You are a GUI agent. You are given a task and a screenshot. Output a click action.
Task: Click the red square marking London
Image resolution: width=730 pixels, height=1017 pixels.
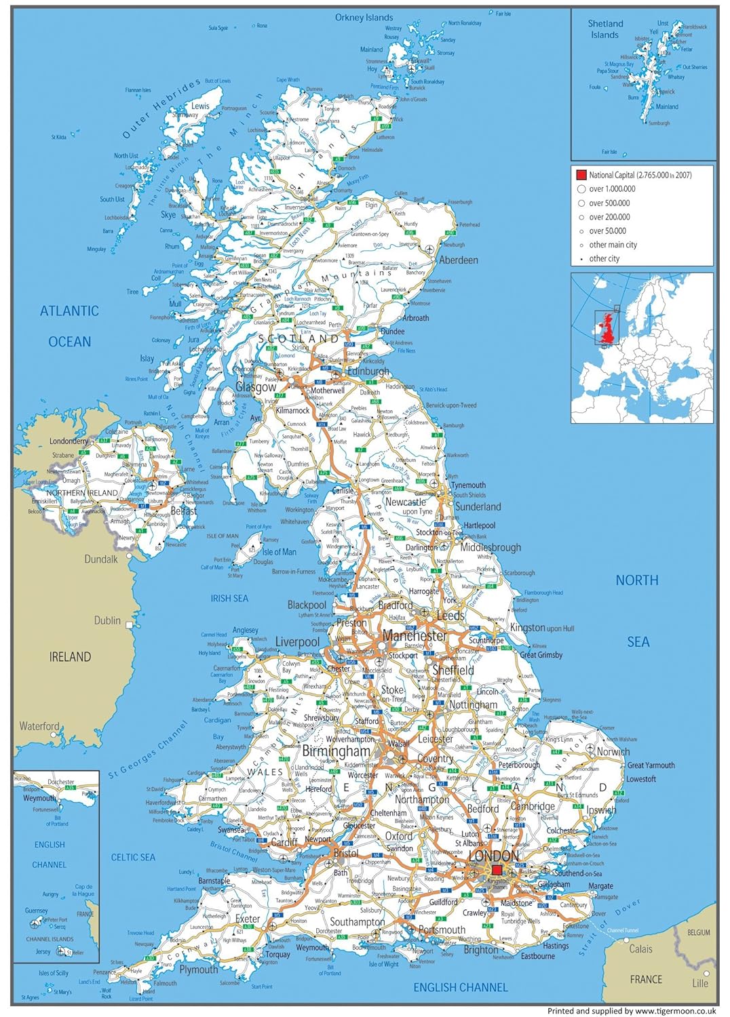click(x=497, y=870)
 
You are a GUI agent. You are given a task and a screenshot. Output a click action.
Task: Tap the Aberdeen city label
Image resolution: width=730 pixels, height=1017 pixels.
click(x=459, y=260)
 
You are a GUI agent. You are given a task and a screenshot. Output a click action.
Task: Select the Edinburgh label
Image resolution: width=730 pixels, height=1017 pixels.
click(x=368, y=371)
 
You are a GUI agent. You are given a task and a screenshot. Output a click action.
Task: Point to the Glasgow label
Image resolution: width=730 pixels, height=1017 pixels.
click(x=256, y=387)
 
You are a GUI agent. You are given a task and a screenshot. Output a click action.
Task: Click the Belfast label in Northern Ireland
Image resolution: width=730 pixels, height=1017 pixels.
click(x=183, y=511)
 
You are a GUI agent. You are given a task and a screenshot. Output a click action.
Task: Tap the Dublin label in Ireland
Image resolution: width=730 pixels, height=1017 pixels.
click(x=107, y=620)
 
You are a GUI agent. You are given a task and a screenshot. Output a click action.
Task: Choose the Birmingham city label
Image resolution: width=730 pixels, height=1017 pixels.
click(x=337, y=751)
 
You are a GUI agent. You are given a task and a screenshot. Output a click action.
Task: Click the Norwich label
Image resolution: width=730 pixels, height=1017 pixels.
click(x=613, y=751)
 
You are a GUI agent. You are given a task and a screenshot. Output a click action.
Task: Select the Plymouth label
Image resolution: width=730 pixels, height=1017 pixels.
click(x=199, y=970)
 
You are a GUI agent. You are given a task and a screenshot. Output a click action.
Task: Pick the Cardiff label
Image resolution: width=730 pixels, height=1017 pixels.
click(x=284, y=842)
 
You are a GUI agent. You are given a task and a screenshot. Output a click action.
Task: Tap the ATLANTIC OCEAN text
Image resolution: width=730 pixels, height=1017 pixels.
click(x=69, y=326)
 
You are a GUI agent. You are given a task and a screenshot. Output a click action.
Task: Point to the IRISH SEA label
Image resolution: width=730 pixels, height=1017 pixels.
click(x=229, y=599)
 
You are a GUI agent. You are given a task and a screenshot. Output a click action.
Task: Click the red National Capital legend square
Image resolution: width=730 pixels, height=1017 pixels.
click(x=581, y=175)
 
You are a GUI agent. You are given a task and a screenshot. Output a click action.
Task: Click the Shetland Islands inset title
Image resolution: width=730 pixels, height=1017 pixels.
click(x=604, y=29)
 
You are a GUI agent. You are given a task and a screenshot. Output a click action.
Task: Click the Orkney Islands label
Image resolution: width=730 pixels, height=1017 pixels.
click(x=364, y=18)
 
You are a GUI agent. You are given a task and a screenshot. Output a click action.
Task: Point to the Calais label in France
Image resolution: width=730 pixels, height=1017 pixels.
click(x=640, y=949)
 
